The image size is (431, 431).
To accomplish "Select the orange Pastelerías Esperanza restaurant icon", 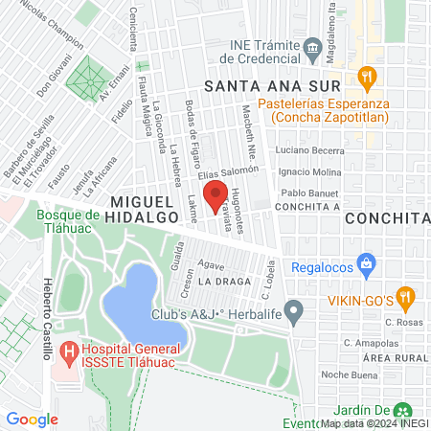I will tap(365, 78).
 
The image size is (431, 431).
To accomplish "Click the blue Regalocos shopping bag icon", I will tap(365, 262).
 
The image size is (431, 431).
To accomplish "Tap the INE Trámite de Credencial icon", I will tap(311, 47).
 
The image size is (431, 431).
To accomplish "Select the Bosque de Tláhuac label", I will tap(75, 223).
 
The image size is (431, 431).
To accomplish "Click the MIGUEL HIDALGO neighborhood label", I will tap(146, 210).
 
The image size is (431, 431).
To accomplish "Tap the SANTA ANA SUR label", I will tap(267, 85).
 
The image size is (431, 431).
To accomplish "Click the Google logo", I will tap(32, 419).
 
